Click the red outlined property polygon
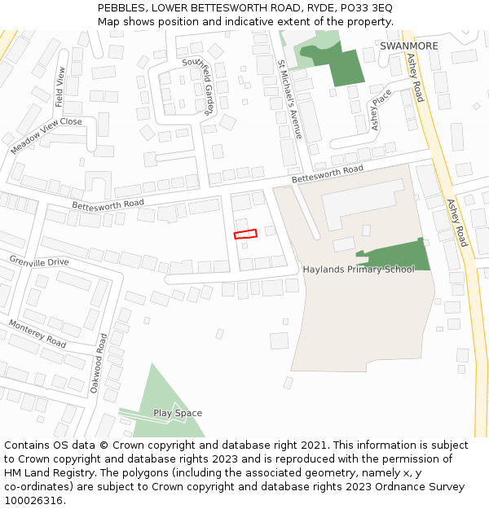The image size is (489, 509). tap(245, 235)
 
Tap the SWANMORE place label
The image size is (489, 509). tap(408, 46)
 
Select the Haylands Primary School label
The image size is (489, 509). tap(359, 270)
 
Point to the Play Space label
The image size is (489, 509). tap(178, 413)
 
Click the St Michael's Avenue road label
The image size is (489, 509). tap(289, 99)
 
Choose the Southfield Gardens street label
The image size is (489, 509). tap(198, 86)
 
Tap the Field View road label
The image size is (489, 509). tap(59, 87)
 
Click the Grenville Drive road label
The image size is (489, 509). tap(39, 261)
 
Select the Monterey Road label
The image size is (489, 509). tap(37, 334)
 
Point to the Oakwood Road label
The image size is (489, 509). tap(99, 363)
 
